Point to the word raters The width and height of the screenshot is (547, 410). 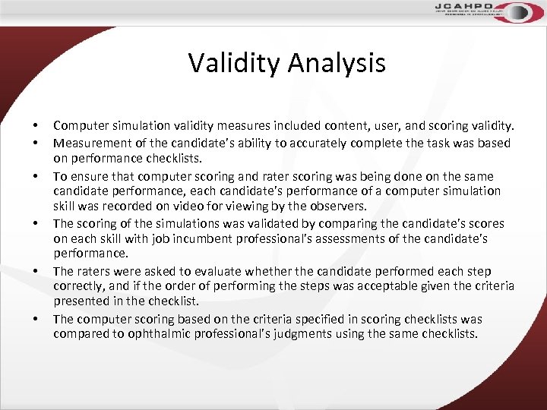pyautogui.click(x=95, y=271)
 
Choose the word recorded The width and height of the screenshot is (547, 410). pyautogui.click(x=126, y=207)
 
